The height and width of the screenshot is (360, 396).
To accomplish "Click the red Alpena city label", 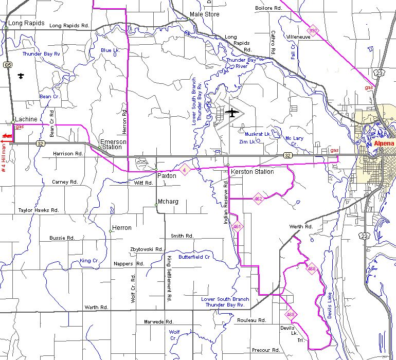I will [383, 143].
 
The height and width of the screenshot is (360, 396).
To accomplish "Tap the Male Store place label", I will [204, 14].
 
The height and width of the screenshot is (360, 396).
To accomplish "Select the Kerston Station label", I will [252, 172].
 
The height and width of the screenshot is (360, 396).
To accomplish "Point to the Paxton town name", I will [167, 176].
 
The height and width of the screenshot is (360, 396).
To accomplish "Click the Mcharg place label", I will [168, 202].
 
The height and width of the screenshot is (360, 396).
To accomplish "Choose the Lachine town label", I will [26, 119].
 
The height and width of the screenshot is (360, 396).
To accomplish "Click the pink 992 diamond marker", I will [313, 31].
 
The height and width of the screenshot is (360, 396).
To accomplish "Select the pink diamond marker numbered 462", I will [258, 199].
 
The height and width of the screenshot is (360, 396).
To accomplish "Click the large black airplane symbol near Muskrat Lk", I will [232, 113].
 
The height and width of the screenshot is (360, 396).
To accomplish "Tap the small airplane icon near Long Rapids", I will [21, 77].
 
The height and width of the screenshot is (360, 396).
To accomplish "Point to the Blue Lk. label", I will [110, 50].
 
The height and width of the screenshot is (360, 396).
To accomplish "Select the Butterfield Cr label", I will [194, 257].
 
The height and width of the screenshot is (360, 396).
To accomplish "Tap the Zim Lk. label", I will [247, 141].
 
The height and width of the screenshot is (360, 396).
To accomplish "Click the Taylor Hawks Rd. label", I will [39, 210].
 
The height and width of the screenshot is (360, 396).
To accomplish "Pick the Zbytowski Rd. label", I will [147, 249].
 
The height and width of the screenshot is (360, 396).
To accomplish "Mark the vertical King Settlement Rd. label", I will [168, 278].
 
